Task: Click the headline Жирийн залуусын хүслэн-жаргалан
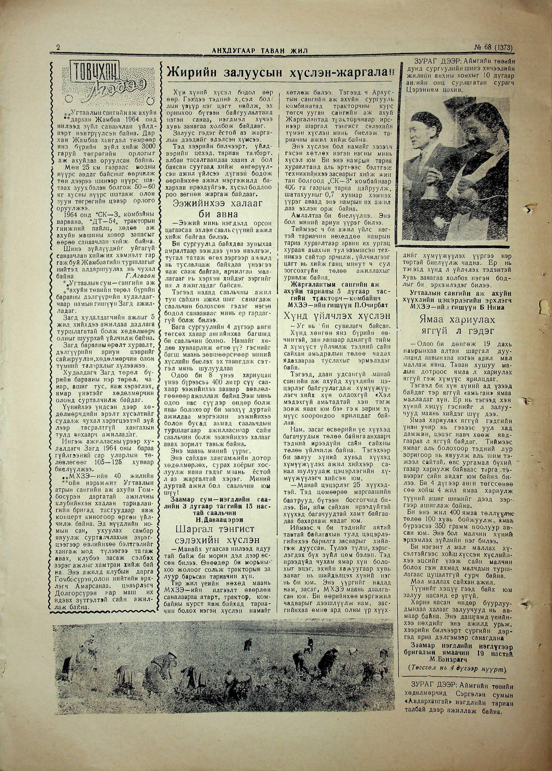pyautogui.click(x=281, y=73)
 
